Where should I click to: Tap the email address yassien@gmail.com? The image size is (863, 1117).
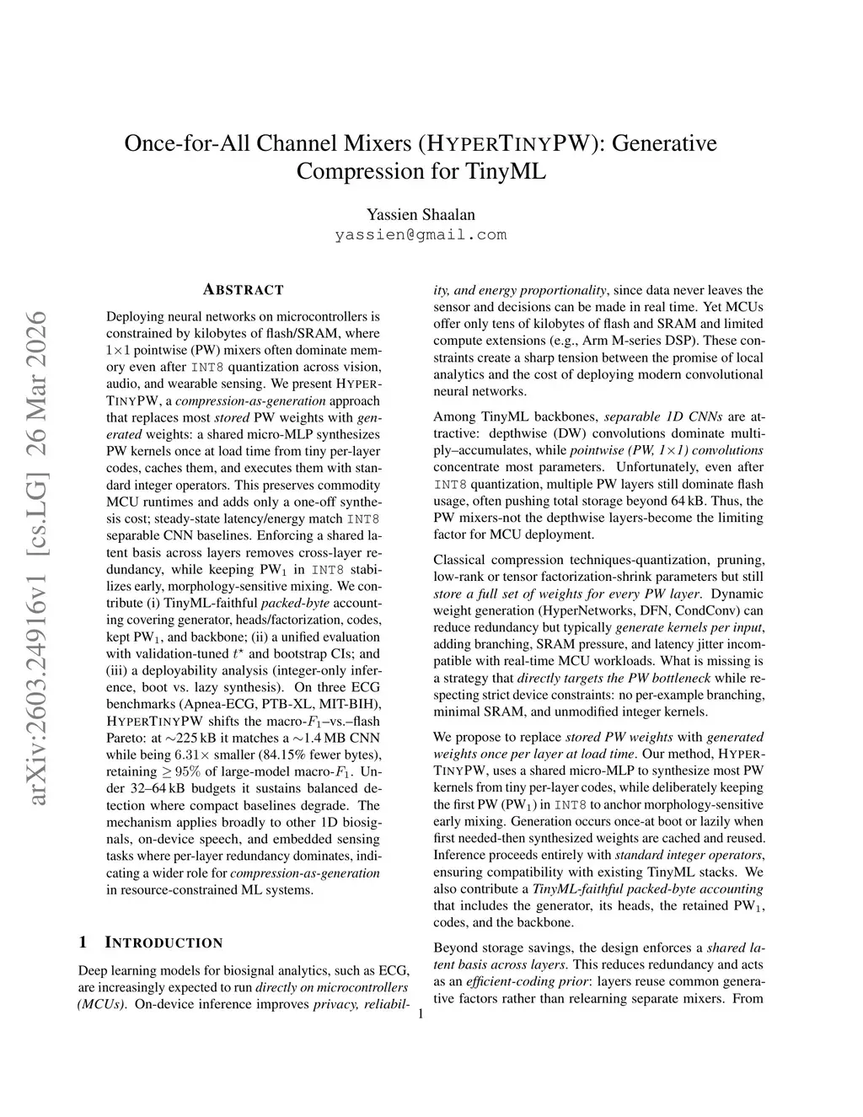[421, 234]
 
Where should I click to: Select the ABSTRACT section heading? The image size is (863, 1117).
[244, 290]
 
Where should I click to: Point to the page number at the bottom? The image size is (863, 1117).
[421, 1015]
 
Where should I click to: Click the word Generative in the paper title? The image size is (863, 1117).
[664, 142]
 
